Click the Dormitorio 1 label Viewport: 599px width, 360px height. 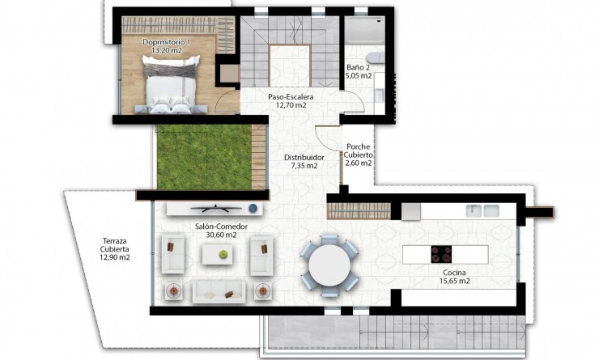click(x=167, y=41)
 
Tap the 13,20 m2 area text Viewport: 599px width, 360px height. click(x=167, y=50)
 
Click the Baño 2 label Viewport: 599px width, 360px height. click(x=359, y=67)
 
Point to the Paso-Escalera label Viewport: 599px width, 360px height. click(x=291, y=95)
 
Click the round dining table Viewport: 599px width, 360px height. click(x=331, y=264)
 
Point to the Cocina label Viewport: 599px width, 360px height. click(x=453, y=273)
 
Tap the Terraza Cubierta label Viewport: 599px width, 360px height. click(x=115, y=244)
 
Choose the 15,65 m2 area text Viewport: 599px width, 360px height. click(x=453, y=282)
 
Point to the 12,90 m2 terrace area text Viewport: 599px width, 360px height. click(x=115, y=257)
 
